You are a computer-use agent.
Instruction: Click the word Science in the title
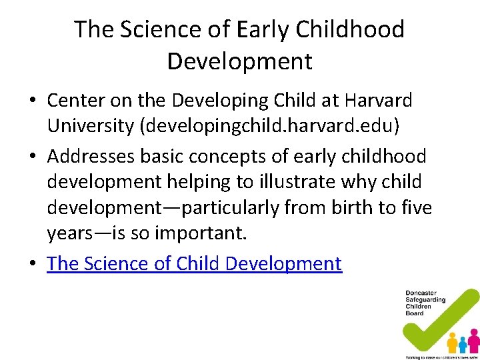pos(144,30)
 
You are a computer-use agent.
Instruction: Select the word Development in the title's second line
pos(239,61)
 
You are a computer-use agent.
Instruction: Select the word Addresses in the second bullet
pos(92,156)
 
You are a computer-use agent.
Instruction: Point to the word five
pos(417,208)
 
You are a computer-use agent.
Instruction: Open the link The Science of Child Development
pos(194,263)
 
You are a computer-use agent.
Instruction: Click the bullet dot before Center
pos(32,101)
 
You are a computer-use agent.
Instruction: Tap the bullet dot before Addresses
pos(32,157)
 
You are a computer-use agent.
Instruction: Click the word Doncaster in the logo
pos(421,293)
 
